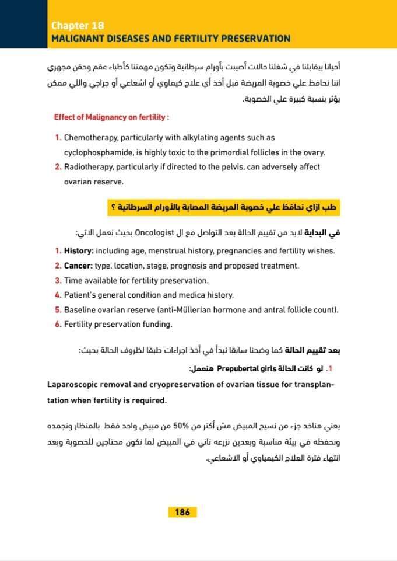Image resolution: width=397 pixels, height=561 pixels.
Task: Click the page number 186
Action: pyautogui.click(x=182, y=512)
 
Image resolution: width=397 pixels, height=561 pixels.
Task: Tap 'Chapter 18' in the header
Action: pyautogui.click(x=78, y=26)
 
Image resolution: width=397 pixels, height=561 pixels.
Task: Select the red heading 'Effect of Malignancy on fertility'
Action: pyautogui.click(x=111, y=117)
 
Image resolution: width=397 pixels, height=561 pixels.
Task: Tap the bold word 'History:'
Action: pyautogui.click(x=78, y=251)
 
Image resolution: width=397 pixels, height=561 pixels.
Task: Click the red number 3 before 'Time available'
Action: pyautogui.click(x=58, y=280)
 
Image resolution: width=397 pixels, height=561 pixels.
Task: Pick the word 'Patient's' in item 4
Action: pyautogui.click(x=81, y=295)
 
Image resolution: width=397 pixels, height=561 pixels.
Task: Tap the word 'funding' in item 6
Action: pyautogui.click(x=157, y=324)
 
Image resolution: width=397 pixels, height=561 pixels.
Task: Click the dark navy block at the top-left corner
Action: pyautogui.click(x=23, y=23)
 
